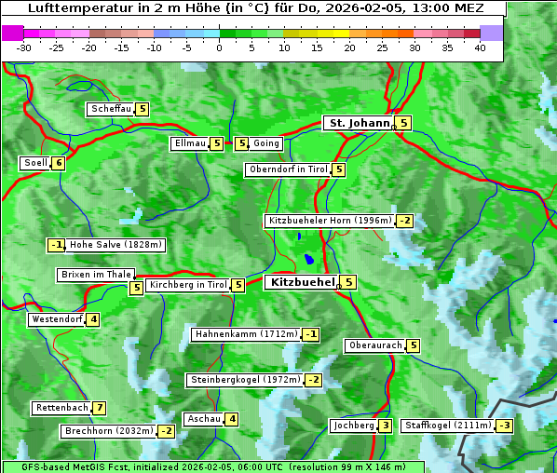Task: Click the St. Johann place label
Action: [x=358, y=123]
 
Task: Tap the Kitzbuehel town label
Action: [x=300, y=282]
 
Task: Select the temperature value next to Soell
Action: [x=59, y=163]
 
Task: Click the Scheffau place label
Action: [x=111, y=109]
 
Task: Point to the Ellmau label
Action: [x=188, y=143]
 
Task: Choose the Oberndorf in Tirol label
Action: [x=288, y=169]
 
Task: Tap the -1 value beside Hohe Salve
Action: [x=57, y=245]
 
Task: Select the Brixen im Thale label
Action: [x=96, y=275]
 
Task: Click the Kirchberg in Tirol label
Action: [x=187, y=285]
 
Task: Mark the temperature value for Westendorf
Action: [x=93, y=319]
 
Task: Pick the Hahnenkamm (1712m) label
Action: [x=246, y=334]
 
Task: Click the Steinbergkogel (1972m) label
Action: [x=245, y=380]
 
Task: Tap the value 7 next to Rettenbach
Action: [x=99, y=408]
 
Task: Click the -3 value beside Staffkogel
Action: [x=504, y=426]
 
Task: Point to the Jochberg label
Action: [x=353, y=426]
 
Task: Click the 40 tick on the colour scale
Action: [x=480, y=47]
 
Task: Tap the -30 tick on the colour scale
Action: [x=24, y=47]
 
